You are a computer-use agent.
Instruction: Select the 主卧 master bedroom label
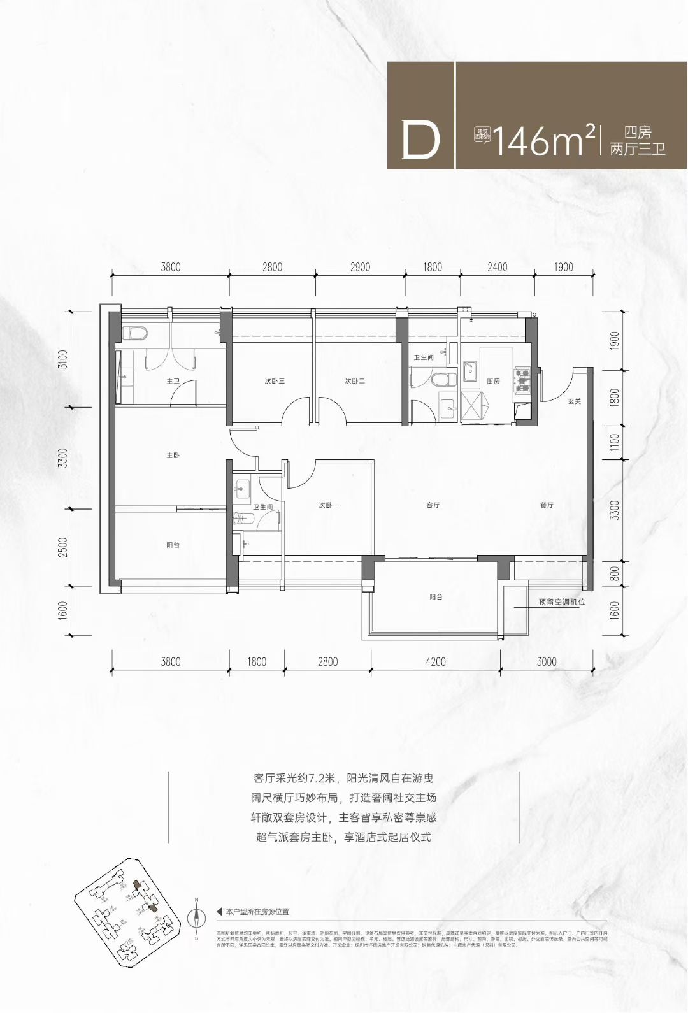click(x=173, y=456)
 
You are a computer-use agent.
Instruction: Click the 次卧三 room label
click(x=275, y=381)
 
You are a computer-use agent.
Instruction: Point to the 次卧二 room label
click(x=355, y=381)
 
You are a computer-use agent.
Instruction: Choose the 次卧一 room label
click(x=329, y=505)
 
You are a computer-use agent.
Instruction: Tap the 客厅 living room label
click(x=433, y=505)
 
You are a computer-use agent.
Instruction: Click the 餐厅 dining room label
click(x=547, y=505)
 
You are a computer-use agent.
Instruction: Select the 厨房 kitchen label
click(x=494, y=381)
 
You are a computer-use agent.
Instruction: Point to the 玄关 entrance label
click(x=575, y=401)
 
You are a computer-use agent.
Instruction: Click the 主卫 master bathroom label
click(x=173, y=381)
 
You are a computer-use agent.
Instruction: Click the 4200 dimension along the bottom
click(x=436, y=662)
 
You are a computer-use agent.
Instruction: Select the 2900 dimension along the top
click(x=360, y=267)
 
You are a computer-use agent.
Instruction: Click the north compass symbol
click(x=197, y=917)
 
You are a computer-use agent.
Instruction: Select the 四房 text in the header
click(x=638, y=133)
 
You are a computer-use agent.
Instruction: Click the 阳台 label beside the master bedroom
click(x=173, y=545)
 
